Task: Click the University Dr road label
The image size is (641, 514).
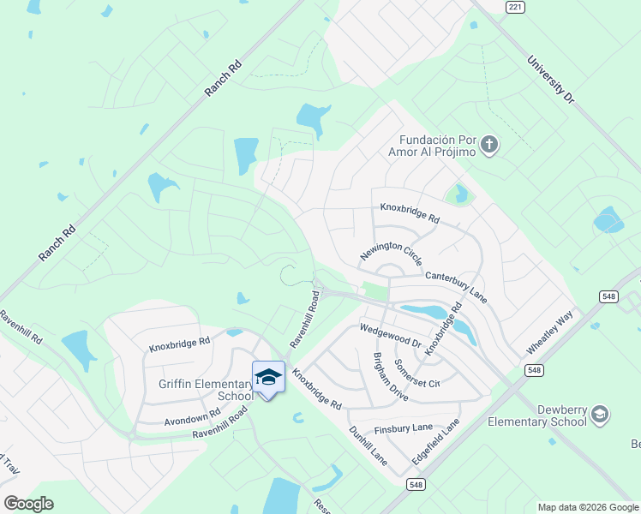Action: click(550, 80)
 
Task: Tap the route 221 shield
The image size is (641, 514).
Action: click(514, 7)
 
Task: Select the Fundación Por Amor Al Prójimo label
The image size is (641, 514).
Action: click(437, 146)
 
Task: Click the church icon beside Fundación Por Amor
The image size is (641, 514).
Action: click(489, 144)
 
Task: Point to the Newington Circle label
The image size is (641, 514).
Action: click(392, 253)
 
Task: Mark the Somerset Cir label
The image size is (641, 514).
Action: click(416, 373)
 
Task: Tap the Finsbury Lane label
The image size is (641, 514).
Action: click(404, 428)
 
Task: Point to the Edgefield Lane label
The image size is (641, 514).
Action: click(435, 441)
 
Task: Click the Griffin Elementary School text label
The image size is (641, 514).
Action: click(207, 390)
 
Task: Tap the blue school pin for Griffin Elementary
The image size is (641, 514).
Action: click(268, 378)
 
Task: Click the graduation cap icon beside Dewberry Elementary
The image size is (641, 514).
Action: click(600, 415)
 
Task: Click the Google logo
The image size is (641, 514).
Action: click(28, 504)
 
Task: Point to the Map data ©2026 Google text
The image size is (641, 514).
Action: click(587, 507)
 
